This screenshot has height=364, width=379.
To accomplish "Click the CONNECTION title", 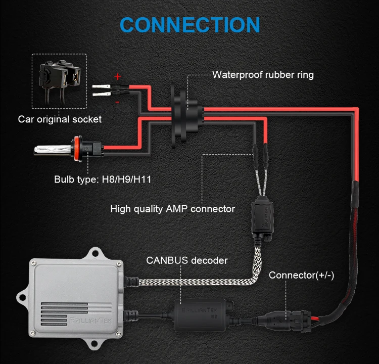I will (x=190, y=24).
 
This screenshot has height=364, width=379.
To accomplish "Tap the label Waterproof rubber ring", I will (x=263, y=75).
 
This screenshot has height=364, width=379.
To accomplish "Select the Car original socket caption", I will (x=60, y=119).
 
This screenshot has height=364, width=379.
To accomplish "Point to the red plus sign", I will (x=118, y=77).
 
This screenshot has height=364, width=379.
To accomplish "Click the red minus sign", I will (x=118, y=102).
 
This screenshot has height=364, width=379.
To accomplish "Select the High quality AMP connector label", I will (x=172, y=208).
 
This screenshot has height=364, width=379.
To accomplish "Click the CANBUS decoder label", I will (x=186, y=261).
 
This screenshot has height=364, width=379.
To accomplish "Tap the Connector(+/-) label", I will (x=301, y=276).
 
